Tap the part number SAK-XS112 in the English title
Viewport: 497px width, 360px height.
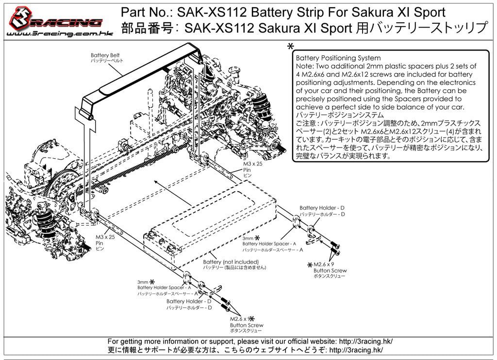(212, 12)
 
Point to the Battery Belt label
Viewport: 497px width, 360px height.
(105, 57)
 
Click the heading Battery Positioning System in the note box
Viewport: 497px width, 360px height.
(338, 58)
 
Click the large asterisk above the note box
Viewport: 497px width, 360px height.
(290, 47)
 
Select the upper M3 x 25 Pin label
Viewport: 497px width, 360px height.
(252, 169)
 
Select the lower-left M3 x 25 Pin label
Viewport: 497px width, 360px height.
(105, 243)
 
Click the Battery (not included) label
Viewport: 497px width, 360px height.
(234, 264)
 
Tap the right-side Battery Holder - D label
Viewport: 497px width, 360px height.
(322, 211)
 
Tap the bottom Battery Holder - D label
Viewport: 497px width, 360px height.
(189, 304)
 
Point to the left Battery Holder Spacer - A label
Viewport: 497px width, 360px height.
(167, 288)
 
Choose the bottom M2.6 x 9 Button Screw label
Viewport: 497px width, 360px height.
(247, 324)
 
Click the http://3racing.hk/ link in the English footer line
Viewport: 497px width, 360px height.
(366, 341)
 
